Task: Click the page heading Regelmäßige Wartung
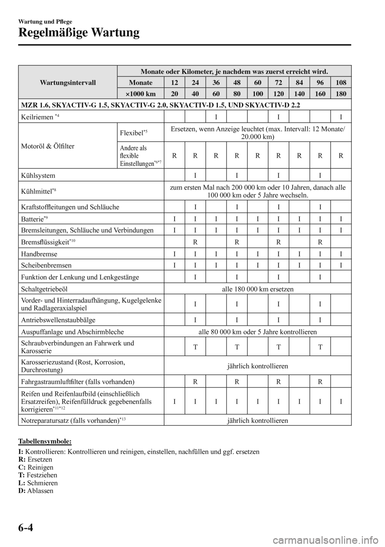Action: pos(79,33)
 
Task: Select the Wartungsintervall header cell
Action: pos(68,82)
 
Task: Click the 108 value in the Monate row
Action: pos(340,82)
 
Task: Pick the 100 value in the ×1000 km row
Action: pos(258,94)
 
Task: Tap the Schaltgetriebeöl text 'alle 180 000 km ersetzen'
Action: pos(257,289)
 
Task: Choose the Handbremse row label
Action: pos(40,254)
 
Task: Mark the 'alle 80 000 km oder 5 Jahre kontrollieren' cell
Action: pos(257,332)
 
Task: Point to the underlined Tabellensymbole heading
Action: pos(45,441)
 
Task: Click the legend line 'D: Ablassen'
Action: pos(36,491)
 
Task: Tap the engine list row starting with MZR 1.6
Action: pos(160,105)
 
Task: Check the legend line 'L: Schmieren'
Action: pos(38,483)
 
